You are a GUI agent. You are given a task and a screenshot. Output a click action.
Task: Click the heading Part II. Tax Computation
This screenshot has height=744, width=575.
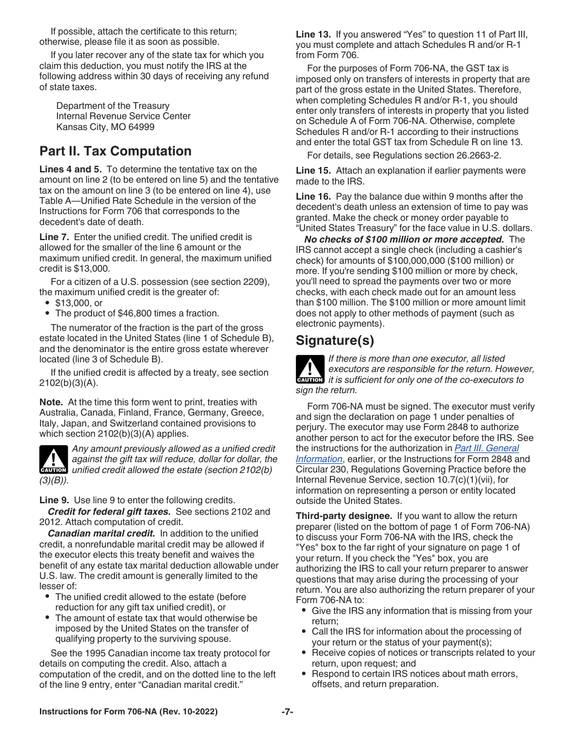115,151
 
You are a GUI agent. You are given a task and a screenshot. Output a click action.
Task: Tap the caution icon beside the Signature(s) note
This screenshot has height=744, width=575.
309,370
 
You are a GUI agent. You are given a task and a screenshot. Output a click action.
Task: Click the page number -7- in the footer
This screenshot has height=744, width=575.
287,712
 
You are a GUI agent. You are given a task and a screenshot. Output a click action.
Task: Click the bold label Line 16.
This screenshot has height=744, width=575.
313,197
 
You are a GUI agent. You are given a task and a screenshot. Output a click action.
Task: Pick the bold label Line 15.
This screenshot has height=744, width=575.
313,171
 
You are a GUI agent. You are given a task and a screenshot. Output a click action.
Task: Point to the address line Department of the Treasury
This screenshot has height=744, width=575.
113,106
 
